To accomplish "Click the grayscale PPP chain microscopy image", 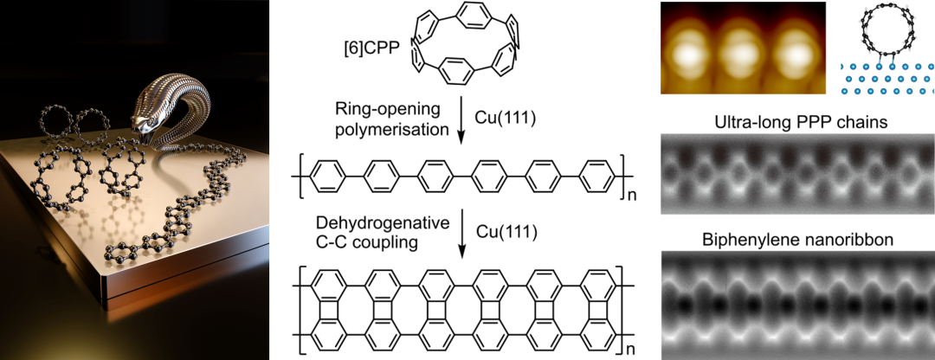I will click(x=796, y=173).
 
